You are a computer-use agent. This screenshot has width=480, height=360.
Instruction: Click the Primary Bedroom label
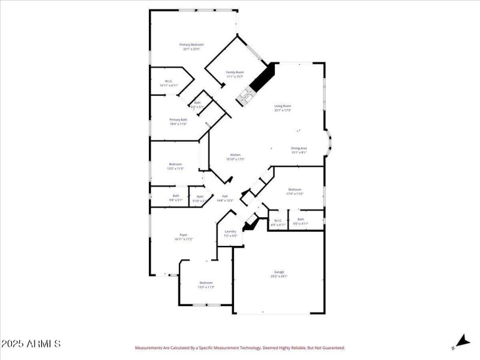(x=192, y=45)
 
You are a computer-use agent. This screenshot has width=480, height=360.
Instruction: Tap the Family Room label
(x=235, y=72)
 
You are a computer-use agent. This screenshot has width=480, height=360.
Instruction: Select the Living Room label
(x=283, y=106)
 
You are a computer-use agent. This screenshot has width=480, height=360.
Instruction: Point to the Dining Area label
(x=299, y=148)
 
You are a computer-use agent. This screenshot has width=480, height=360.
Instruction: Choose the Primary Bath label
(x=178, y=119)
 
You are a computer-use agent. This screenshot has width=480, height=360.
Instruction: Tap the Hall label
(x=225, y=196)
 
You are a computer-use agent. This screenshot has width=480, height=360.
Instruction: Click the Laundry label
(x=230, y=232)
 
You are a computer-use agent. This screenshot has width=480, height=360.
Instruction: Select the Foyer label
(x=184, y=235)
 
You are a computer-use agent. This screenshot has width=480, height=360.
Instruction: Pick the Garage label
(x=280, y=272)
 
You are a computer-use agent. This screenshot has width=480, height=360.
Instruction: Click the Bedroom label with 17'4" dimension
(x=295, y=190)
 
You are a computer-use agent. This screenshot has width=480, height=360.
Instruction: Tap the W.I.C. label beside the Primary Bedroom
(x=169, y=82)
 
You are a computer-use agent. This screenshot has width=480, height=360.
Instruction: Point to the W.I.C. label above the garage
(x=278, y=220)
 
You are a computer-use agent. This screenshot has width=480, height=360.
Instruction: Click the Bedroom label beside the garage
(x=206, y=283)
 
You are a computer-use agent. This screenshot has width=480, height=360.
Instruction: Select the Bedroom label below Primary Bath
(x=175, y=164)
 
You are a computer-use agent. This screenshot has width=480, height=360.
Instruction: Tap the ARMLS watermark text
(x=31, y=344)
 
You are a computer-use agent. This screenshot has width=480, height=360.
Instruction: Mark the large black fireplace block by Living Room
(x=262, y=78)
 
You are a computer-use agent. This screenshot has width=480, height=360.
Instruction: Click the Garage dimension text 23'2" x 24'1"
(x=280, y=276)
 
